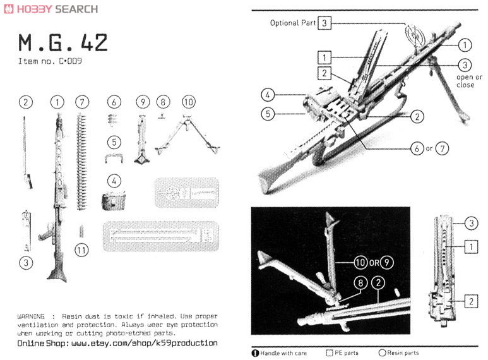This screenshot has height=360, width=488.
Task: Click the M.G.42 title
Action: pos(62,43)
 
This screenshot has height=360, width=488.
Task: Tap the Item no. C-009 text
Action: pos(51,62)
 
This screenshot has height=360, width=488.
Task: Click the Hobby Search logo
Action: pos(50,9)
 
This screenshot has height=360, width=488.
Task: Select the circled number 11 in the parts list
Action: pos(81,250)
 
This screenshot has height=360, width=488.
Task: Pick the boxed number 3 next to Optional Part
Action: pos(324,23)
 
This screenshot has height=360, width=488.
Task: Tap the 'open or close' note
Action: pos(469,81)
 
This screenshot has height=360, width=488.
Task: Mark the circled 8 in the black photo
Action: pos(359,284)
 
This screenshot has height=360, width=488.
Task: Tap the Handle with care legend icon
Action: pos(256,353)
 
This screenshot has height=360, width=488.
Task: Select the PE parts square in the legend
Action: pos(330,353)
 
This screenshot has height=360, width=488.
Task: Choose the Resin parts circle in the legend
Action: pos(382,353)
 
